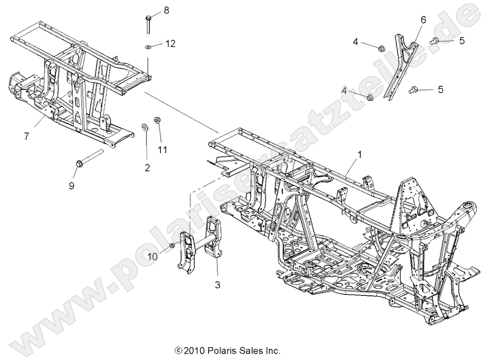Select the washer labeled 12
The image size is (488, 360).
[147, 47]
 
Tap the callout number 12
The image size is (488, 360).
[170, 44]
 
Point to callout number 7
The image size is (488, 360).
[27, 136]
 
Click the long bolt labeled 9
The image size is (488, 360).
[88, 158]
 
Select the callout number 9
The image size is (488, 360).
[72, 185]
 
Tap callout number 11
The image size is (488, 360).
[162, 150]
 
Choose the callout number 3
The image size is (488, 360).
[218, 284]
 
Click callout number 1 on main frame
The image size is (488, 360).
[360, 154]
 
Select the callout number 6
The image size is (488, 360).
[423, 20]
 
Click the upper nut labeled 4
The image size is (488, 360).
[381, 48]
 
